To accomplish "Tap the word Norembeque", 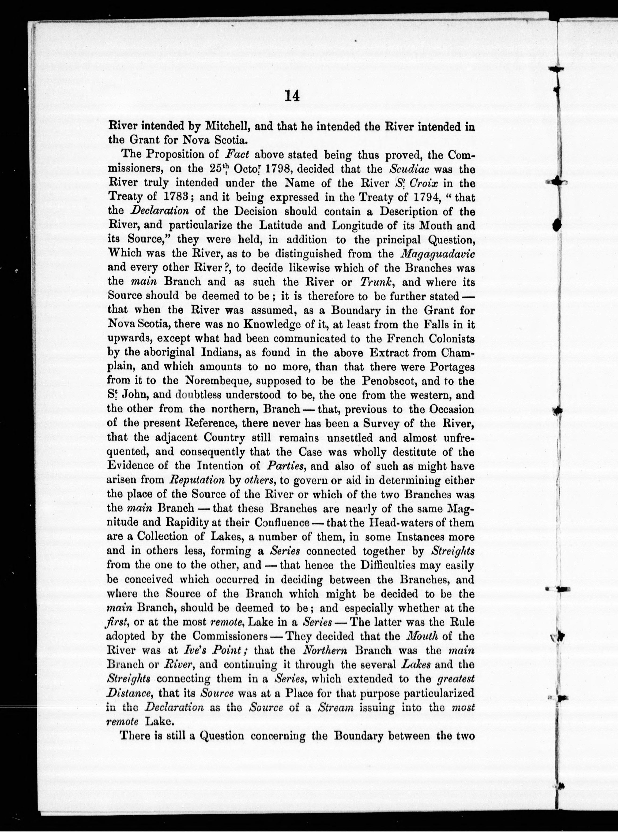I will click(215, 381).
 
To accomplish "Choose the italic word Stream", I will click(335, 707).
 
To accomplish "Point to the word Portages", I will click(452, 367).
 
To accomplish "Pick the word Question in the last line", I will click(222, 736).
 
